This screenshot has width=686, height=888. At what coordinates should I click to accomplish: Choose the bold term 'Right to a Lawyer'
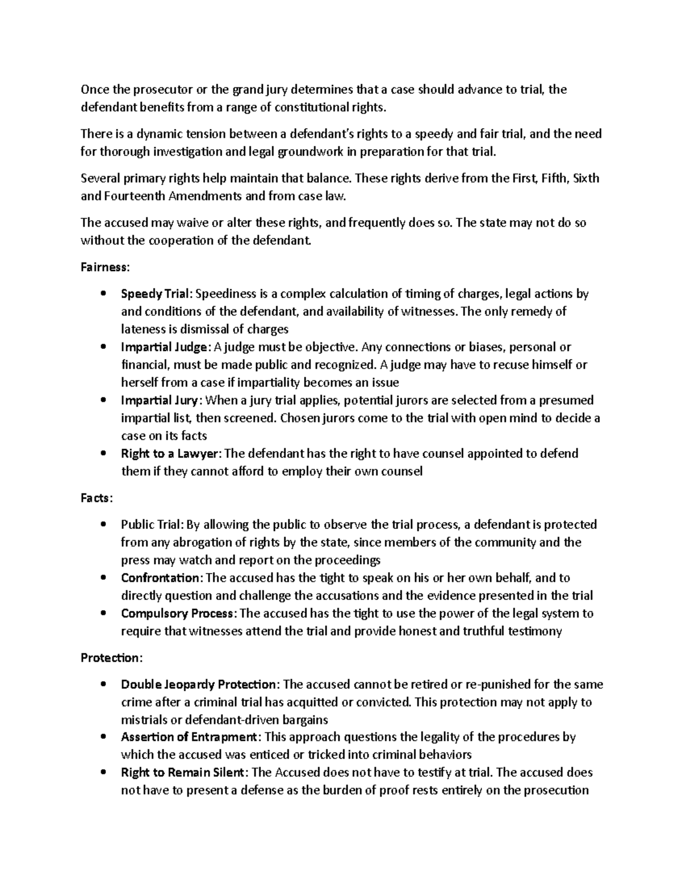pyautogui.click(x=170, y=453)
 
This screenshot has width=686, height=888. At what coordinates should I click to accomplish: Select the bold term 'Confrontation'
pyautogui.click(x=161, y=578)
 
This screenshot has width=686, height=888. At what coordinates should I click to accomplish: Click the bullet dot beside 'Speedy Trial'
pyautogui.click(x=103, y=294)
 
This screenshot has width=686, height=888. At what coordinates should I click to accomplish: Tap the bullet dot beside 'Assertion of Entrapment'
pyautogui.click(x=103, y=737)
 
